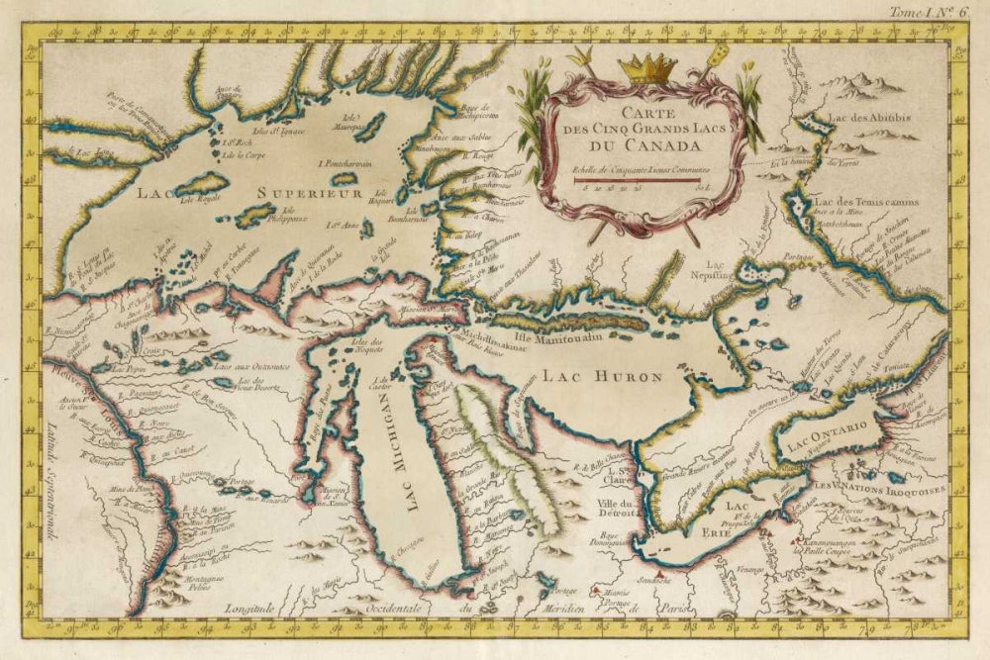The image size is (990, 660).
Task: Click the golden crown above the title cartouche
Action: [x=646, y=68]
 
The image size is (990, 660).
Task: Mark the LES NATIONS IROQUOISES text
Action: [x=879, y=488]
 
